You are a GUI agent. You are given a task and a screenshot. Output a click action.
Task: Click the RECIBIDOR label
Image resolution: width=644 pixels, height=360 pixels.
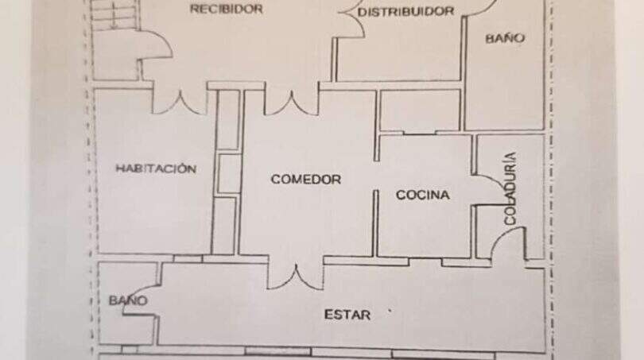tap(227, 9)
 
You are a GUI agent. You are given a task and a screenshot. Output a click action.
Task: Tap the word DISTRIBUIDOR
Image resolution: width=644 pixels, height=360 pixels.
tap(405, 11)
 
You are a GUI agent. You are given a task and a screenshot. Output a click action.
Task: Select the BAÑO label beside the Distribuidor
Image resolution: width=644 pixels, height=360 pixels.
tap(505, 38)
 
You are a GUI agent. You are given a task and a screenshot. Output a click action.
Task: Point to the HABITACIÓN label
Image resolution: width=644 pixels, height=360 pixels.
tap(156, 168)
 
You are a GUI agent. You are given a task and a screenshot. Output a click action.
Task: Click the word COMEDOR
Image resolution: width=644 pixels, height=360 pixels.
tap(306, 180)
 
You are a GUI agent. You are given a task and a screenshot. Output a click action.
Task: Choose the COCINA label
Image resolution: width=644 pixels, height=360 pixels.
tap(423, 195)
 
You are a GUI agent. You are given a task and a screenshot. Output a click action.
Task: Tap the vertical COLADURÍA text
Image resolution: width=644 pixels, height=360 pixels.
tap(510, 188)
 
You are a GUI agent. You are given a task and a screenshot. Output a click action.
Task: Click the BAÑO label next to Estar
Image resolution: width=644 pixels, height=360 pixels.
tap(128, 300)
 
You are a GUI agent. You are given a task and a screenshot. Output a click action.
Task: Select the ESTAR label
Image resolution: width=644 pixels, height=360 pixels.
tap(347, 315)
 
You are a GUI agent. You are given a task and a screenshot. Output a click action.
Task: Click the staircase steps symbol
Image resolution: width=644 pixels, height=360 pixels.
tap(114, 14)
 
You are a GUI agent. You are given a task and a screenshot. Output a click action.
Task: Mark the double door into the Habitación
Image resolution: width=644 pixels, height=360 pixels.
tap(180, 103)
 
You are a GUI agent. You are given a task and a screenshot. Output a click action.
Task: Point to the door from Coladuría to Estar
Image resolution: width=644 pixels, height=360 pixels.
tap(508, 244)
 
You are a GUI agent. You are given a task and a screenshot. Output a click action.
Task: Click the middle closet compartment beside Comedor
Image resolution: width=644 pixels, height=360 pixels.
tap(228, 172)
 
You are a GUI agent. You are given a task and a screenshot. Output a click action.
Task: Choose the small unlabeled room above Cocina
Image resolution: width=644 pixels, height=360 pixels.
tap(419, 110)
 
